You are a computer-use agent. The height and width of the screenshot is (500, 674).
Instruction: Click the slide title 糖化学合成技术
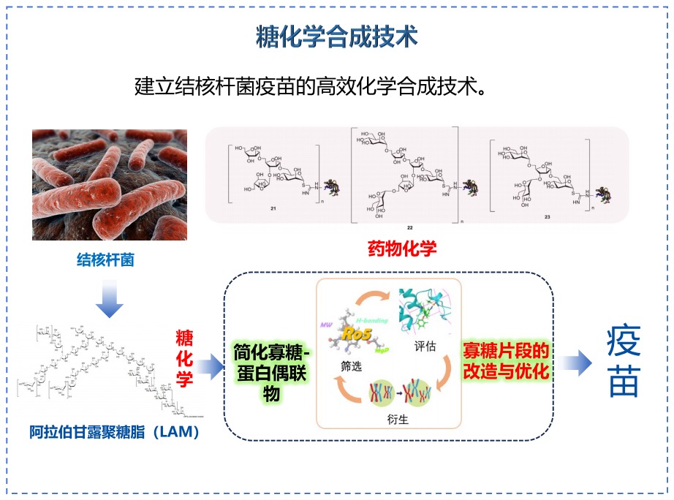(x=336, y=37)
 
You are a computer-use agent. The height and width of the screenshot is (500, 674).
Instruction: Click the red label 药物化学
(x=401, y=249)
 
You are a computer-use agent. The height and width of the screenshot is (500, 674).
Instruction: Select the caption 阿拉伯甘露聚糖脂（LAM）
(x=115, y=432)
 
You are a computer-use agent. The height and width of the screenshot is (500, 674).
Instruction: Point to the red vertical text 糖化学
(x=184, y=358)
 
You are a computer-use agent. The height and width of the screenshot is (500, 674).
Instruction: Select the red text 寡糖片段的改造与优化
(x=506, y=361)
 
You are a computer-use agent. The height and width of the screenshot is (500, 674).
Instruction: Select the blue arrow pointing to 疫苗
(x=576, y=361)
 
